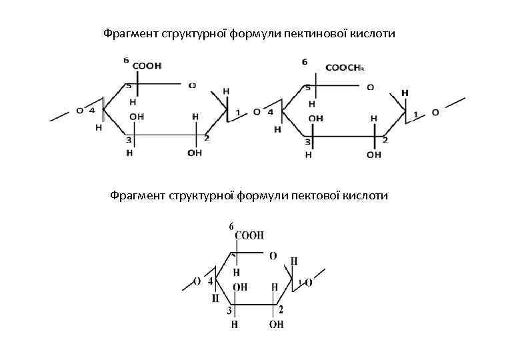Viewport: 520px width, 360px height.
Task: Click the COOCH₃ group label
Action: click(344, 67)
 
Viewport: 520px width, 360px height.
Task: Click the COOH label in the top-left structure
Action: click(147, 66)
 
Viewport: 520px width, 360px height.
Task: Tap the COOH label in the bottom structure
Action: click(250, 235)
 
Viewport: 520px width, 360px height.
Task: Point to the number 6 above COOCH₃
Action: click(305, 61)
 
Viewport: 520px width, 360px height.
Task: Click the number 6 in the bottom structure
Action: click(231, 227)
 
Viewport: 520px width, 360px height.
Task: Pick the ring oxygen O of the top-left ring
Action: click(192, 85)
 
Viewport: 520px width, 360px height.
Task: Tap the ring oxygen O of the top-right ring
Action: click(370, 87)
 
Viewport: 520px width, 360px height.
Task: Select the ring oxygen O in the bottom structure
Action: click(273, 255)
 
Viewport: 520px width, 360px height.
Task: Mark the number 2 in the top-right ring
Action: click(385, 140)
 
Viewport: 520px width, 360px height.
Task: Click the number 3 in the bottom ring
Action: click(229, 310)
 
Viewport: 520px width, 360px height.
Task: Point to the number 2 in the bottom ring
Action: click(281, 309)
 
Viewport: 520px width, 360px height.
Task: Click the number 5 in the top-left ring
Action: click(129, 85)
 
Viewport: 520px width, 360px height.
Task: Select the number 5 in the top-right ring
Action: click(307, 87)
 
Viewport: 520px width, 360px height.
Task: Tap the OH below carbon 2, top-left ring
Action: click(195, 153)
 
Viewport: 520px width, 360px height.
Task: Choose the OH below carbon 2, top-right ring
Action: click(374, 154)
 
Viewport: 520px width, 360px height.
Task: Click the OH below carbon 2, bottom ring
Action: click(276, 325)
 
